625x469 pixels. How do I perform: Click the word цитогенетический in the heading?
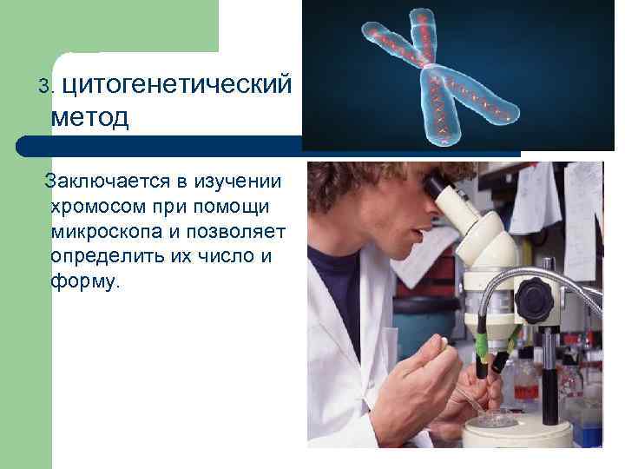point(183,85)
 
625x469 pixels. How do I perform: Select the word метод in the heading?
point(89,116)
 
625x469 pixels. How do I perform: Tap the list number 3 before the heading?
point(46,88)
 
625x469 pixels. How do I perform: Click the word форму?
point(87,283)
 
